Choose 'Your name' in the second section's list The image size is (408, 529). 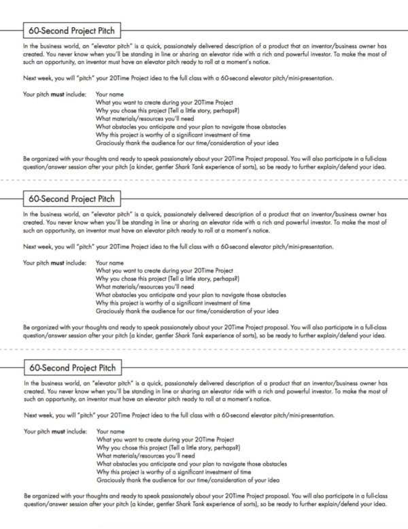(110, 262)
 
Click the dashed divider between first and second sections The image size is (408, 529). (204, 180)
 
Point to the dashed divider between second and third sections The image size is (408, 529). (204, 348)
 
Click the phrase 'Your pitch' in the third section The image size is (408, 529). (35, 431)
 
